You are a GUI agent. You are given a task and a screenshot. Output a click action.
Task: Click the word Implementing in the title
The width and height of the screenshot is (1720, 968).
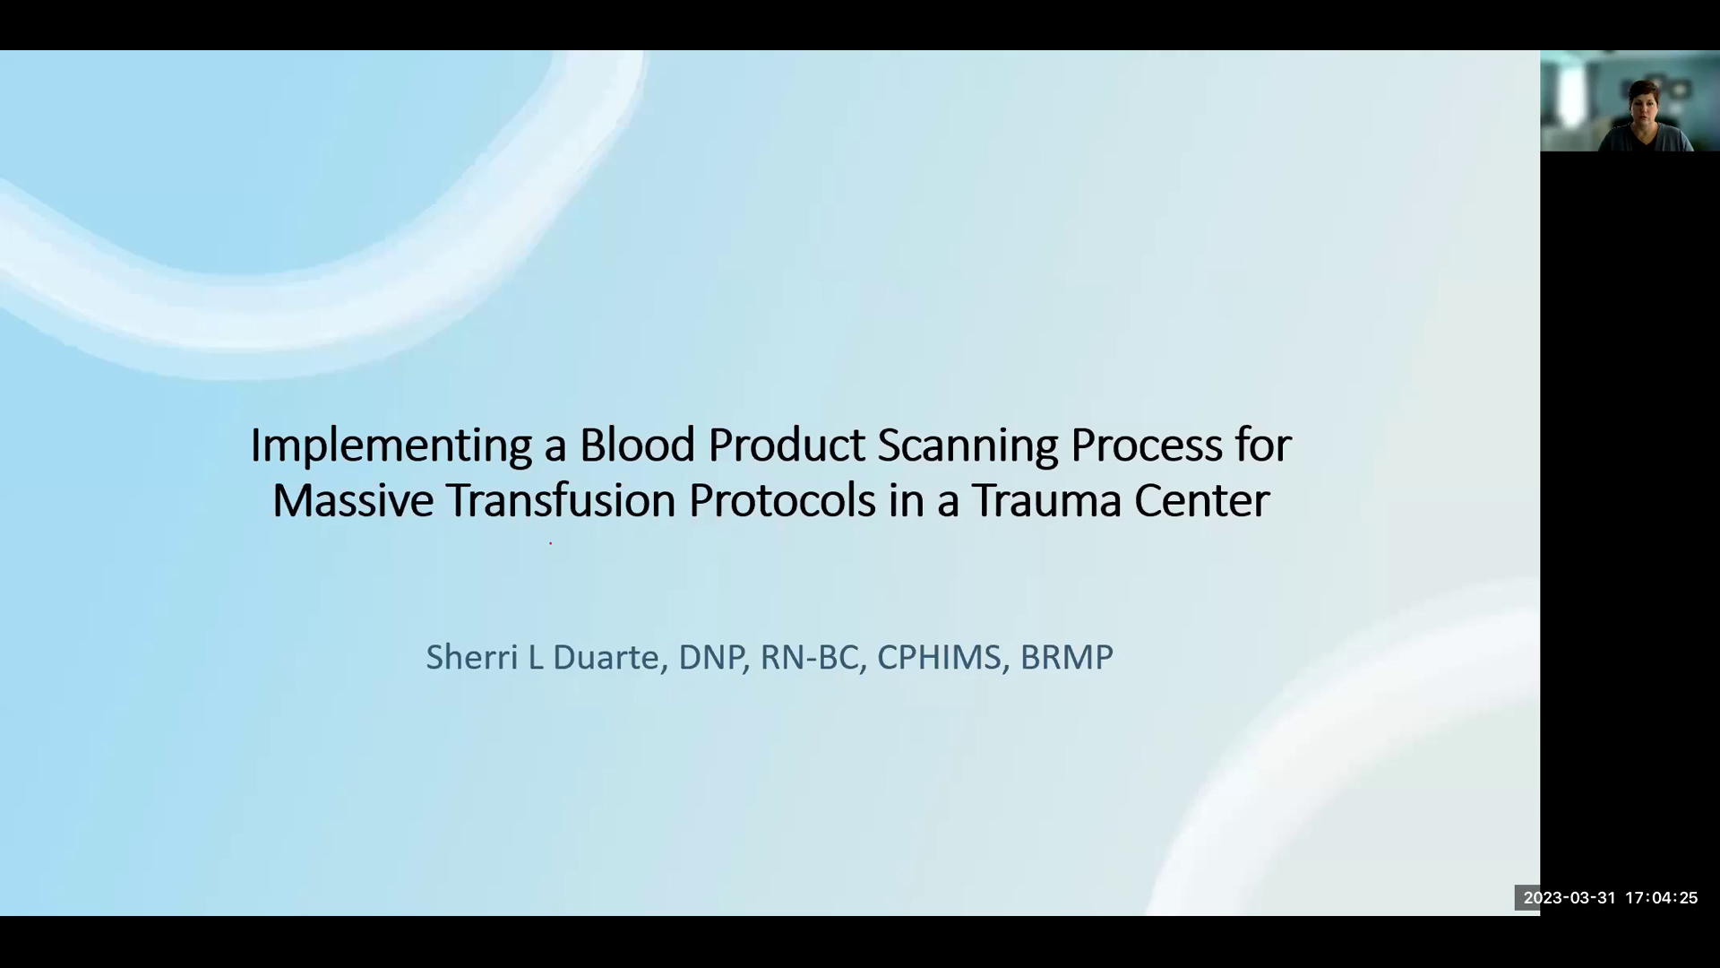pos(391,445)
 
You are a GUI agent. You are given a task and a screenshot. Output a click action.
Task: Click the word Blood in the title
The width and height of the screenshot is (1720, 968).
pos(636,445)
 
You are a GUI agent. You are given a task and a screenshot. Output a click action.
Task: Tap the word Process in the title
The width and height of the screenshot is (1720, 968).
pos(1146,445)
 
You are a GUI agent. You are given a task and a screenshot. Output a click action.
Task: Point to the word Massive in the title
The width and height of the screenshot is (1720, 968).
pos(353,500)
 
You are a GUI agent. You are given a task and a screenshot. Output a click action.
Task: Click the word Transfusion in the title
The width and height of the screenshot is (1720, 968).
pos(561,500)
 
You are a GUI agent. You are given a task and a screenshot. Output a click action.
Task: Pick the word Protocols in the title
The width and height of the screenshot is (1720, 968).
pos(781,500)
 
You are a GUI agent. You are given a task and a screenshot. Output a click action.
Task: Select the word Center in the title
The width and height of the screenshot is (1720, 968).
pos(1201,500)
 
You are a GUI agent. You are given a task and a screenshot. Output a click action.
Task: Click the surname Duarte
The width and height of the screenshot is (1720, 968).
pos(606,657)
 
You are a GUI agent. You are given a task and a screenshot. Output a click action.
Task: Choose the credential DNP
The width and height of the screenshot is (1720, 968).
pos(711,657)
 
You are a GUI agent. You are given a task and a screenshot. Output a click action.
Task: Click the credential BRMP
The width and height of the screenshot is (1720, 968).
pos(1066,657)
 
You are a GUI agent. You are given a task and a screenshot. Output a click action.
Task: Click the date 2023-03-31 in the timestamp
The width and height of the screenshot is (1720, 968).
pos(1569,897)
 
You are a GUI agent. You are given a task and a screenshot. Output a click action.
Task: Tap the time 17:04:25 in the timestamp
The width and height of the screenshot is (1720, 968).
pos(1662,897)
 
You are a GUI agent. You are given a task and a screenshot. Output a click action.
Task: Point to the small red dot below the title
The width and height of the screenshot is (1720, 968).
pos(550,542)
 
